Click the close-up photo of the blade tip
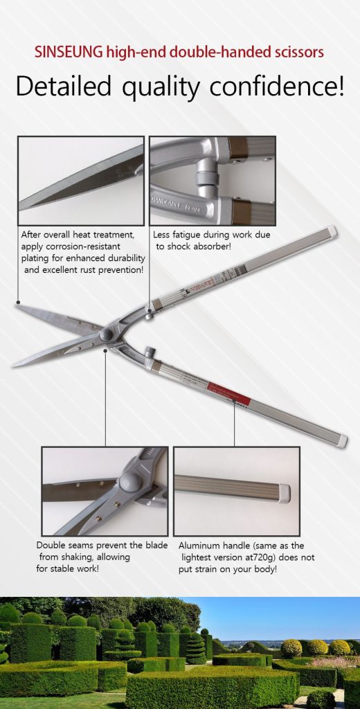click(x=80, y=180)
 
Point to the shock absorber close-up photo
click(x=213, y=180)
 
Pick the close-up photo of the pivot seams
click(x=105, y=491)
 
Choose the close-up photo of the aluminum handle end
click(x=236, y=491)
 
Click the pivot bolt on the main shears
click(x=107, y=335)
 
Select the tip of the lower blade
click(x=14, y=365)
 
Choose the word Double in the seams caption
click(x=51, y=545)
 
